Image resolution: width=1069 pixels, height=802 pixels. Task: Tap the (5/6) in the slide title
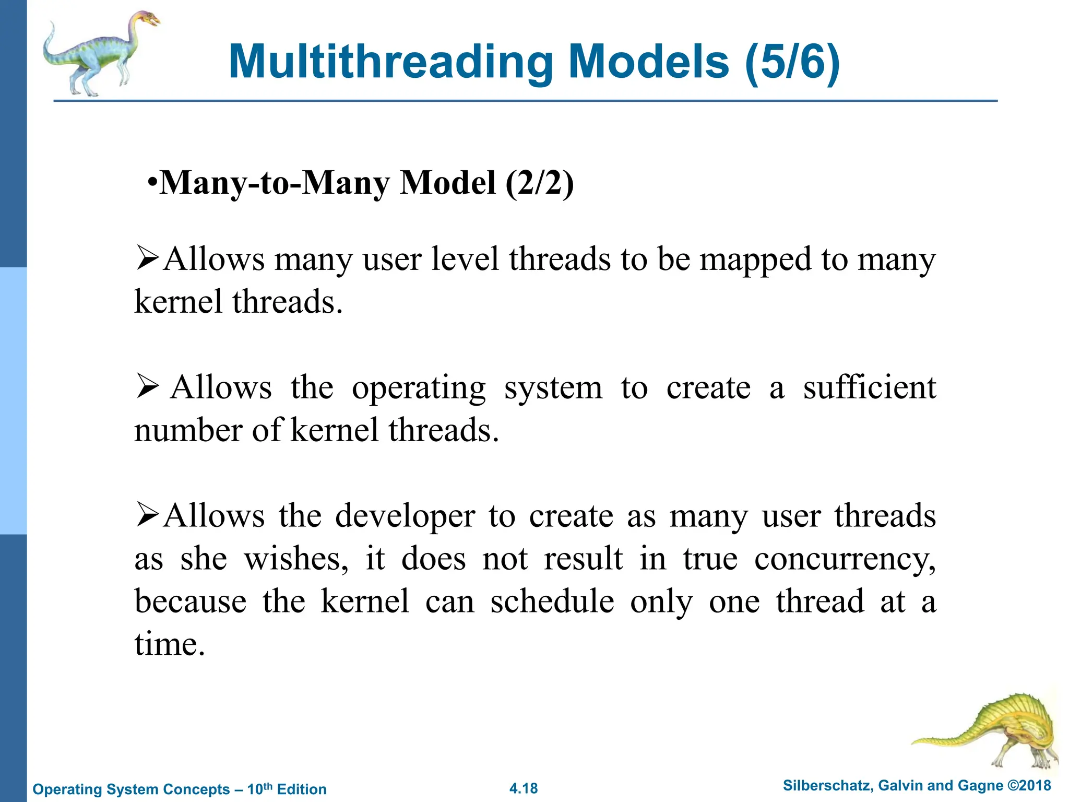[792, 63]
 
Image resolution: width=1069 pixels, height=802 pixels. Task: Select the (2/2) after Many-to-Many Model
[539, 183]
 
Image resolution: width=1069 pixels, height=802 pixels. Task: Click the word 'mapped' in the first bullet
[755, 260]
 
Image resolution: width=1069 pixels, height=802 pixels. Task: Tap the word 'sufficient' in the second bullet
[869, 387]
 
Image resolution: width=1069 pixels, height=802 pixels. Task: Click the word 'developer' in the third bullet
[405, 516]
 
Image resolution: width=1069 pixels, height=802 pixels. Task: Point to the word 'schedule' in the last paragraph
[552, 601]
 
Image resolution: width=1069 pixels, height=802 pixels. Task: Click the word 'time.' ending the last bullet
[170, 644]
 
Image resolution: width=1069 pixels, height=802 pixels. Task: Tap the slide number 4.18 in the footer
[524, 788]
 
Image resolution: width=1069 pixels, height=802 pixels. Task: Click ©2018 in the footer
[1028, 785]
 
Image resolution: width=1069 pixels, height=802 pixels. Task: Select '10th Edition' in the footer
[287, 789]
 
